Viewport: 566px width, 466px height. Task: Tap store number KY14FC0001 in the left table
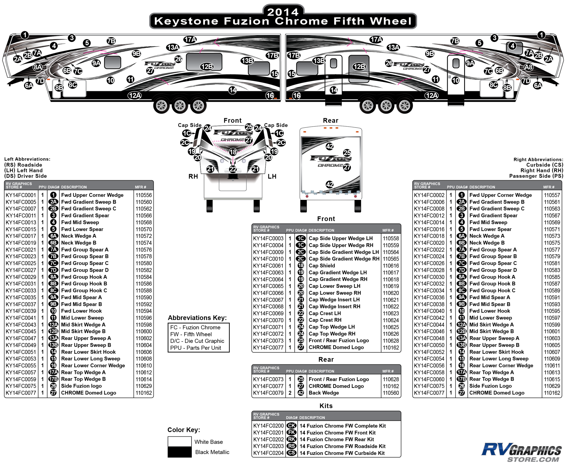(21, 195)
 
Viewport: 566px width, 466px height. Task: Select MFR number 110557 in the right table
(552, 195)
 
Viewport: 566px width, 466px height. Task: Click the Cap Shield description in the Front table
(321, 266)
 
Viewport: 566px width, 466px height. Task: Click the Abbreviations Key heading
(197, 318)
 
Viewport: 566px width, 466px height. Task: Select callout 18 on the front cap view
(233, 152)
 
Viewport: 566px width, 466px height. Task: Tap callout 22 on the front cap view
(233, 169)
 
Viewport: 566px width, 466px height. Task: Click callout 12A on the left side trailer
(134, 95)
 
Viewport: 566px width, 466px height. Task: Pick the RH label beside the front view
(193, 176)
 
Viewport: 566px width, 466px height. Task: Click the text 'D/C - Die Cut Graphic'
(197, 341)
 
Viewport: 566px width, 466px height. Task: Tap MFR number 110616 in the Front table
(391, 266)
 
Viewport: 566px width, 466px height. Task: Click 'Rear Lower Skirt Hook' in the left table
(88, 352)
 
